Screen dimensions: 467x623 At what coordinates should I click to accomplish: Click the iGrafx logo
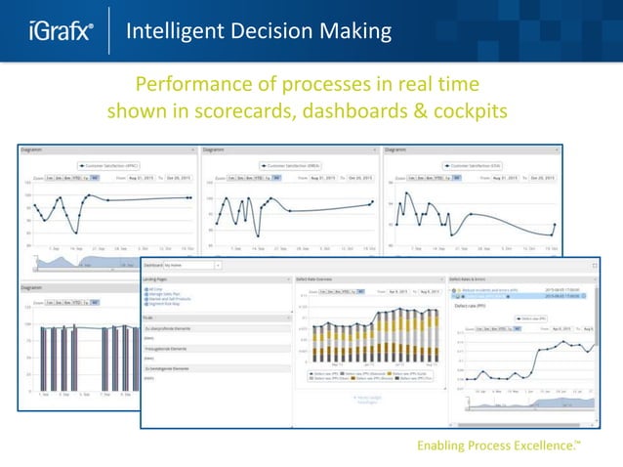(59, 31)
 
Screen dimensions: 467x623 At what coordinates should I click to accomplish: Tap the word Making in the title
(356, 31)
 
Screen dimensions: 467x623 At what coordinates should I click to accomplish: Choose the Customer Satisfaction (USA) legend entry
(474, 166)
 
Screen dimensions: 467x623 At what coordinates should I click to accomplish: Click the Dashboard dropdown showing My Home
(191, 265)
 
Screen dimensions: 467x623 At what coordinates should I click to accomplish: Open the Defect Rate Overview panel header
(318, 278)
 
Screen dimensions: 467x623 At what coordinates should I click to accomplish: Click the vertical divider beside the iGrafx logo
(108, 31)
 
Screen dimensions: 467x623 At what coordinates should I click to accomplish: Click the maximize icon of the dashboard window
(594, 265)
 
